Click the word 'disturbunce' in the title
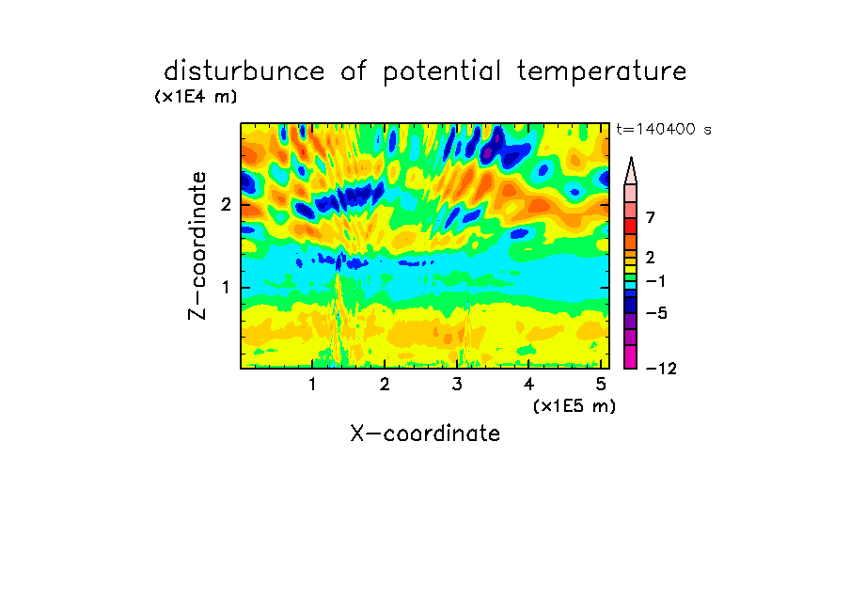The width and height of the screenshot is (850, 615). (x=244, y=71)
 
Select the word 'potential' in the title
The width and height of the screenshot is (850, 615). (x=442, y=72)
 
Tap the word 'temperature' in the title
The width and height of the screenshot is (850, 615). (x=602, y=72)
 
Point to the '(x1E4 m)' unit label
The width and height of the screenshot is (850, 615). (x=196, y=97)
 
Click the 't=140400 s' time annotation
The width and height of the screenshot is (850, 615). (x=664, y=129)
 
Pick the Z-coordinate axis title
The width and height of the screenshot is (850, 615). (x=197, y=245)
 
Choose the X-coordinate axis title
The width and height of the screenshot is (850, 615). (x=425, y=434)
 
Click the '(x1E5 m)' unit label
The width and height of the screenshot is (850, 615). (x=575, y=405)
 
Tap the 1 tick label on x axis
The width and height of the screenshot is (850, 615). (x=312, y=385)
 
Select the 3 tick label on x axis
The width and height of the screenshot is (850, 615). (x=457, y=385)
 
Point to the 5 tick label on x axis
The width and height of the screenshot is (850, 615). (x=601, y=385)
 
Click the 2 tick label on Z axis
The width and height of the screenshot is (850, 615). (x=226, y=204)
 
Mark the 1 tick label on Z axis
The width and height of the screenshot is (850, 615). (x=226, y=287)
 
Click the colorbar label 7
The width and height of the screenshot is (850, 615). (x=651, y=217)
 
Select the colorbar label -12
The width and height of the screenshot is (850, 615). (x=661, y=369)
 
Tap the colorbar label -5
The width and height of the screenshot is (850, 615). (x=656, y=313)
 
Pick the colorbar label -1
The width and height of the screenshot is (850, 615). (x=655, y=281)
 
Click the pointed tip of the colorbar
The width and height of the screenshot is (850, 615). (x=631, y=157)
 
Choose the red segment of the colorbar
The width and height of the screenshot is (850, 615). (x=631, y=226)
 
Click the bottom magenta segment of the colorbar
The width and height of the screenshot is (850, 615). (x=631, y=356)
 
